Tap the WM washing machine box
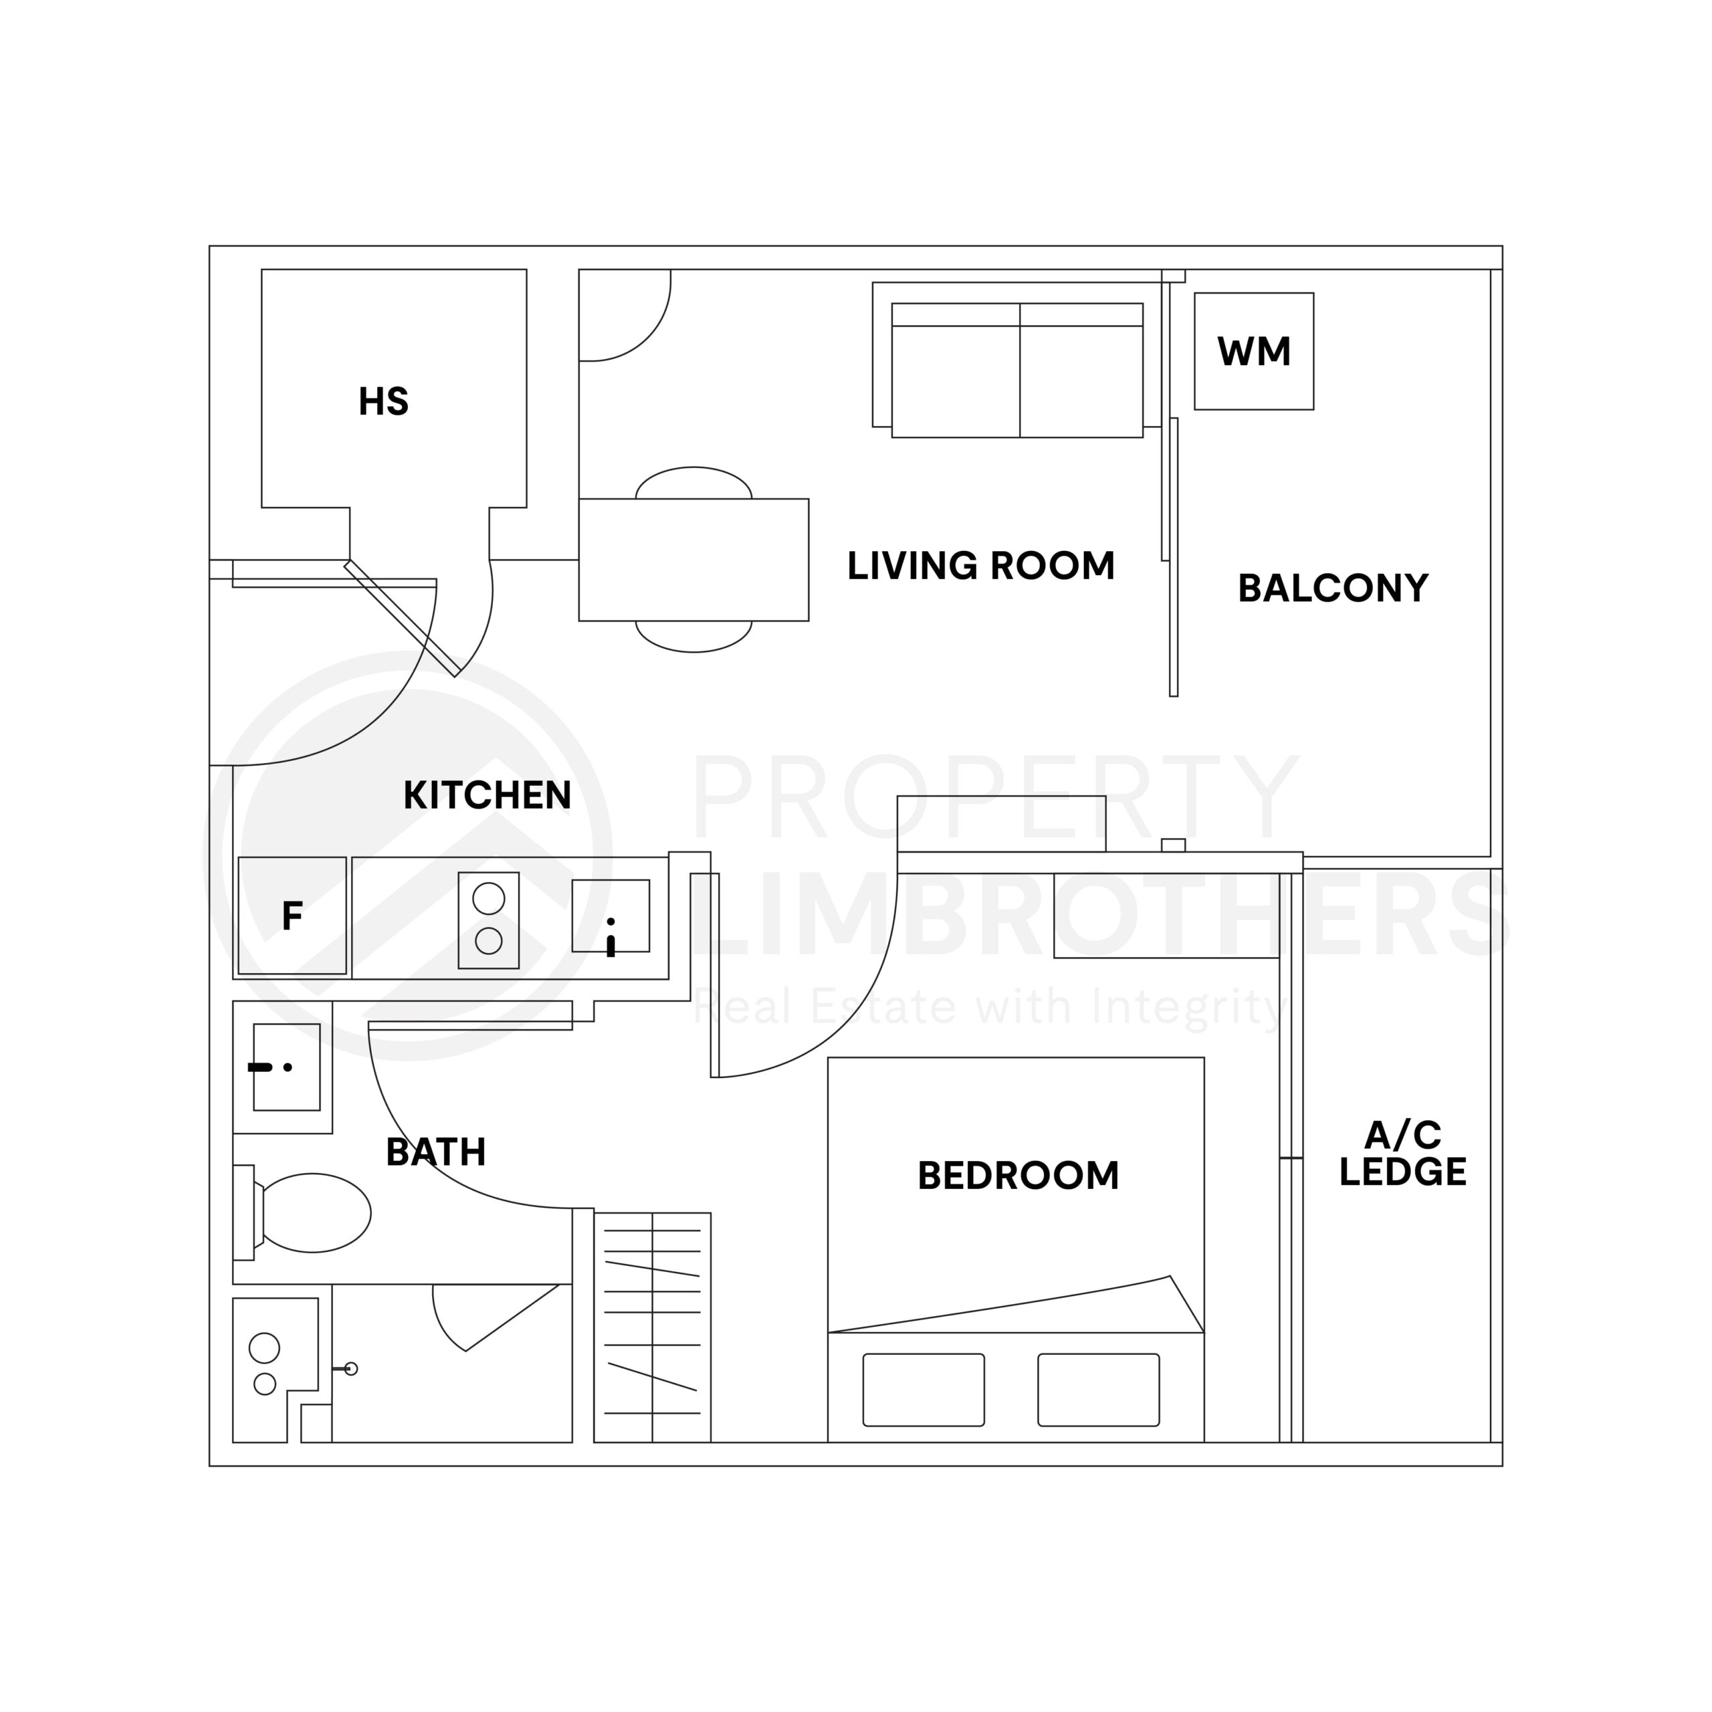(x=1253, y=352)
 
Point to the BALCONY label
(x=1332, y=588)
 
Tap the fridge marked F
(x=292, y=916)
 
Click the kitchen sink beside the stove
(x=611, y=916)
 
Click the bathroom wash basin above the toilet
(x=286, y=1067)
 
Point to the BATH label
(x=435, y=1153)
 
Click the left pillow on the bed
(x=924, y=1390)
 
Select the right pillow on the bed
(x=1098, y=1390)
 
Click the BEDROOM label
(x=1017, y=1176)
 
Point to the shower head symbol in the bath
(x=349, y=1369)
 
